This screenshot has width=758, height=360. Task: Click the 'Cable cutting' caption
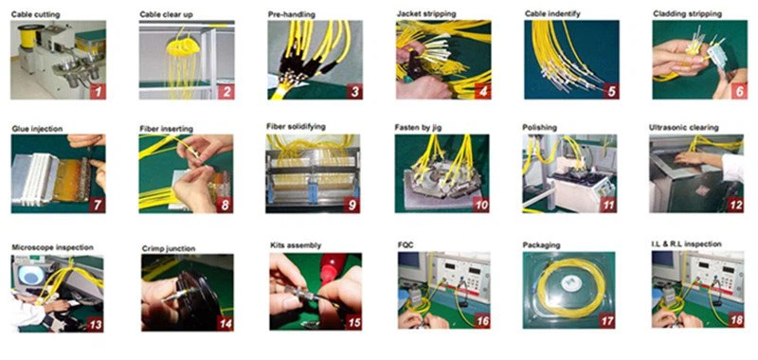pyautogui.click(x=35, y=14)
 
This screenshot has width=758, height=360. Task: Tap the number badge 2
pyautogui.click(x=226, y=91)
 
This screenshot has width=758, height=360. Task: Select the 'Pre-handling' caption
pyautogui.click(x=292, y=14)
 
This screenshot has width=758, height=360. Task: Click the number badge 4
pyautogui.click(x=482, y=91)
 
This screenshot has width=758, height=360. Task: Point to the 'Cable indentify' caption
pyautogui.click(x=553, y=13)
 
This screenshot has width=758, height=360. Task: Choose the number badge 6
pyautogui.click(x=738, y=91)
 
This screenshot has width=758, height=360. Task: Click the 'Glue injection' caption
pyautogui.click(x=37, y=129)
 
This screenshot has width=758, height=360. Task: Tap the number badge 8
pyautogui.click(x=225, y=205)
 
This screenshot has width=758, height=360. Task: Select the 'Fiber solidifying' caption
pyautogui.click(x=296, y=127)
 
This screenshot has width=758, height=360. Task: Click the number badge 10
pyautogui.click(x=481, y=205)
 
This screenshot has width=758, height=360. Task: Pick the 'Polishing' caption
pyautogui.click(x=539, y=128)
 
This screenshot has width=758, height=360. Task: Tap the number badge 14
pyautogui.click(x=226, y=323)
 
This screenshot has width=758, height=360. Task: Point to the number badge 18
pyautogui.click(x=736, y=320)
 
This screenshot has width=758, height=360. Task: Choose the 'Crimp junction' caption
pyautogui.click(x=169, y=249)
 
